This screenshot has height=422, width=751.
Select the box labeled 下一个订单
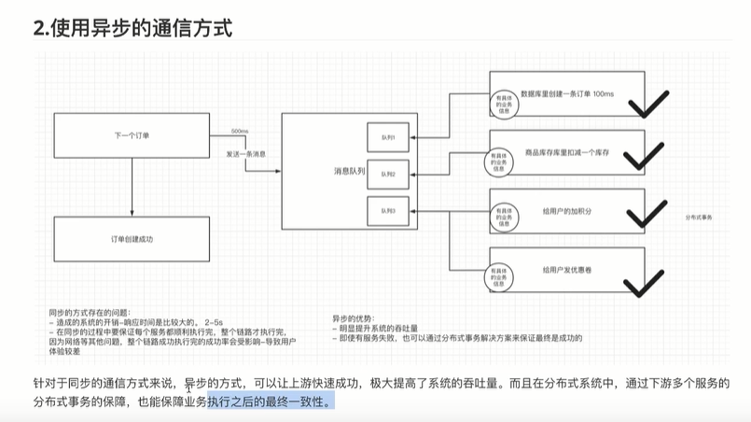coord(132,136)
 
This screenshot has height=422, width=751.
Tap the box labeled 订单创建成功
coord(132,240)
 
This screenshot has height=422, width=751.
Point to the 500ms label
coord(239,131)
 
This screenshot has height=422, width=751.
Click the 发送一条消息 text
coord(246,152)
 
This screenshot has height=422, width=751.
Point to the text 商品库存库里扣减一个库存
coord(567,150)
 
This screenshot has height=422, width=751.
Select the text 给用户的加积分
coord(567,211)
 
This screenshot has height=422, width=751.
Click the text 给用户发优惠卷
coord(567,269)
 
